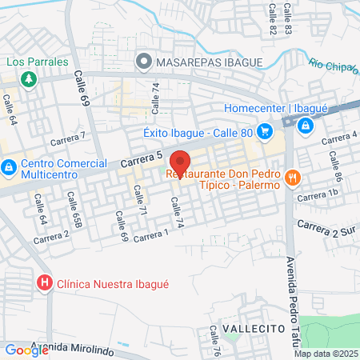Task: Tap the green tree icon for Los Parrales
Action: pyautogui.click(x=29, y=78)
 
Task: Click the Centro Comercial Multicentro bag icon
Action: pyautogui.click(x=9, y=168)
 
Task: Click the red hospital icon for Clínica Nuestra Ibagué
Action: pyautogui.click(x=45, y=282)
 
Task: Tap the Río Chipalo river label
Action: pyautogui.click(x=332, y=67)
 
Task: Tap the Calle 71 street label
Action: pyautogui.click(x=139, y=200)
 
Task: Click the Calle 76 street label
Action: pyautogui.click(x=215, y=339)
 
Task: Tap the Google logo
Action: pyautogui.click(x=16, y=350)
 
